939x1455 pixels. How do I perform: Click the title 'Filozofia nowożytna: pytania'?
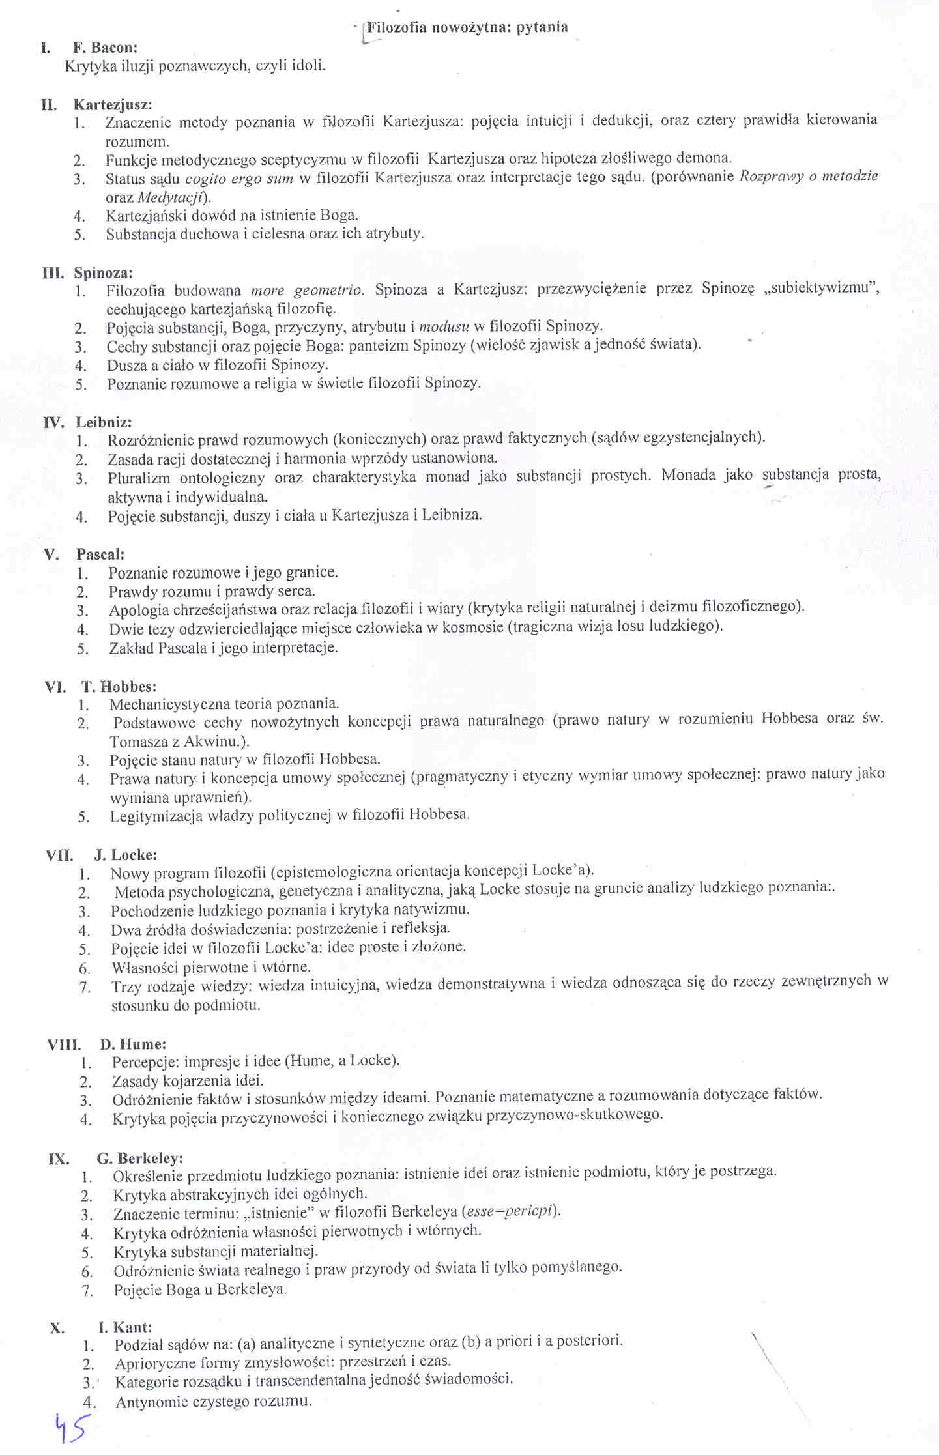coord(467,27)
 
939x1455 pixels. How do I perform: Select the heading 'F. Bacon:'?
coord(105,48)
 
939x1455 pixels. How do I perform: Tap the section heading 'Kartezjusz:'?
coord(113,105)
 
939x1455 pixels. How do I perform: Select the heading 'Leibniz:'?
coord(104,422)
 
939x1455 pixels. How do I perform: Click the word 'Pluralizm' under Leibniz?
coord(139,478)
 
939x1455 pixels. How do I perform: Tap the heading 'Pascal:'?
coord(100,555)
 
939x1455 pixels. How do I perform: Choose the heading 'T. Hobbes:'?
coord(119,686)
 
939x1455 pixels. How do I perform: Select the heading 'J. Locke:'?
coord(126,855)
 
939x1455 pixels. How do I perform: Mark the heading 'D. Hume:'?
coord(133,1044)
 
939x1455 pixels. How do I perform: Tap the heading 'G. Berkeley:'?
coord(140,1158)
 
